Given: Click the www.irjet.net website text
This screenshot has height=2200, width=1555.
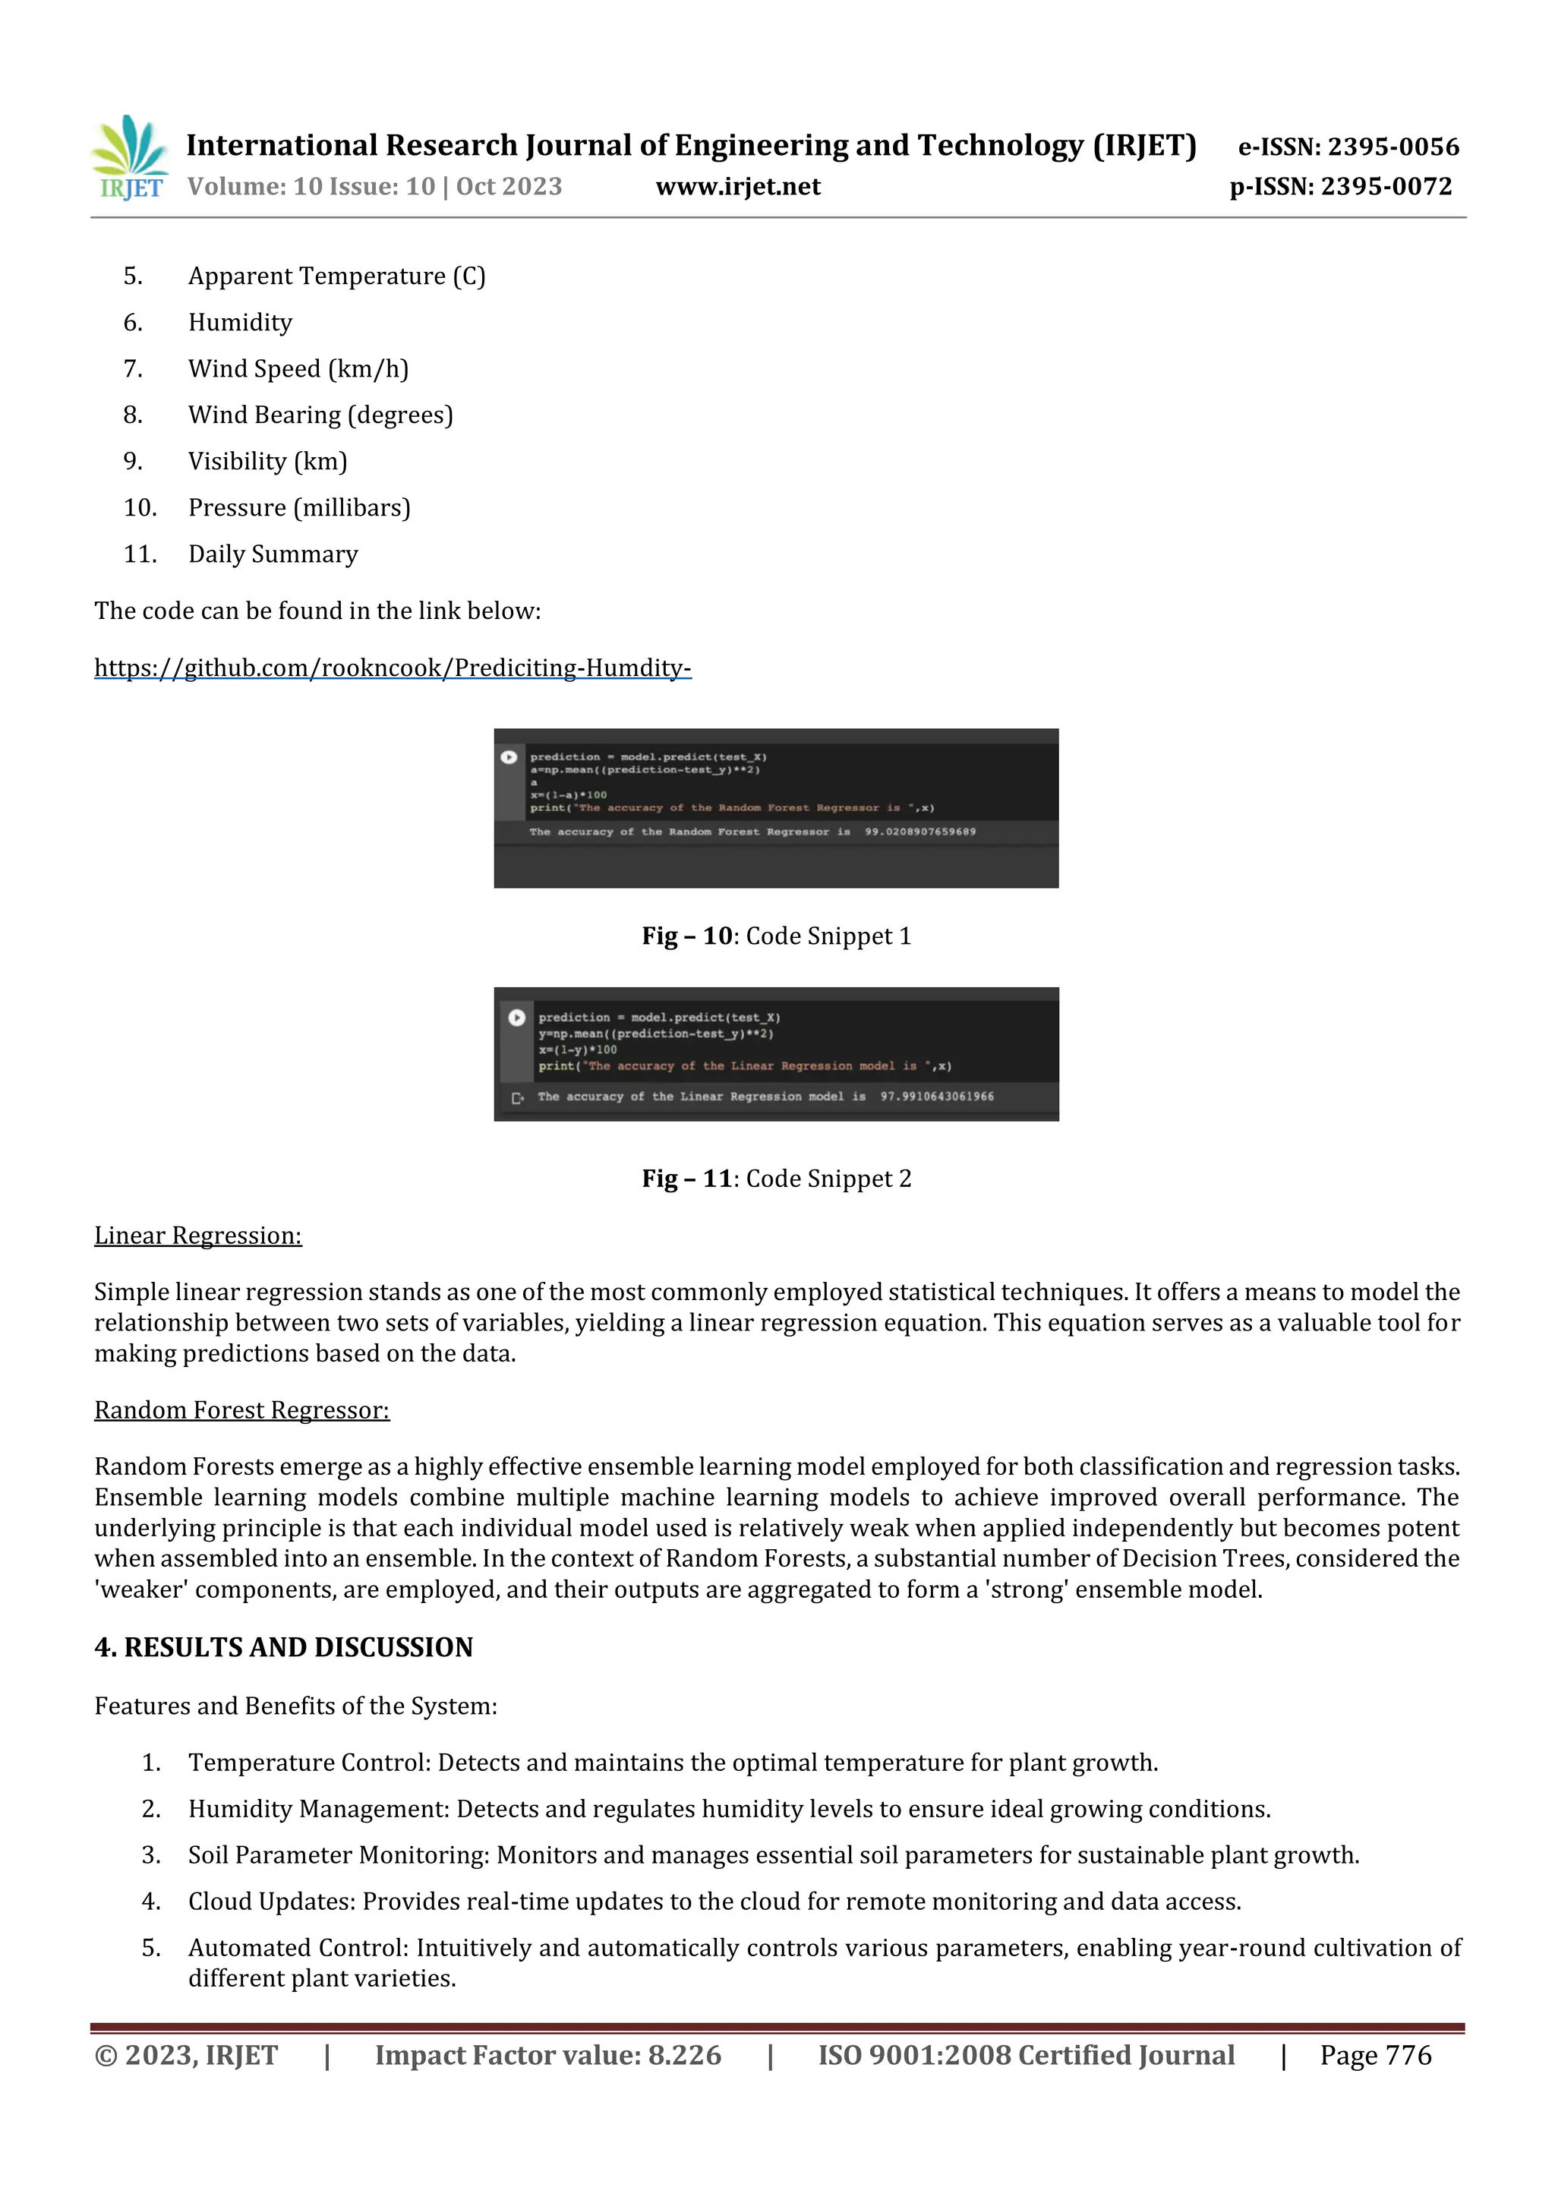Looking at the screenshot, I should coord(738,187).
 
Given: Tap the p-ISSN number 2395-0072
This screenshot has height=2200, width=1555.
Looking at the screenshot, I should coord(1386,187).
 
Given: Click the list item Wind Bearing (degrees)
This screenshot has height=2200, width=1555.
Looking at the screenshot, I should coord(320,415).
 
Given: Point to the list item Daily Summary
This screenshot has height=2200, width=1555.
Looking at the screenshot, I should coord(273,554).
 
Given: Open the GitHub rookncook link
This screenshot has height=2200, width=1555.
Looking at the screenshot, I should coord(392,668).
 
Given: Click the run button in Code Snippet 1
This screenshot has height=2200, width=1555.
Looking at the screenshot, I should coord(509,757).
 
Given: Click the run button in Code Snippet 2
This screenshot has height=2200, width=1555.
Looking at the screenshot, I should coord(516,1018).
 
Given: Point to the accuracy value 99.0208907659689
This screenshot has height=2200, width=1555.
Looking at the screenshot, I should coord(919,832).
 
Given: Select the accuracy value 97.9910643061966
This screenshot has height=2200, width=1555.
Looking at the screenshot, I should coord(937,1096).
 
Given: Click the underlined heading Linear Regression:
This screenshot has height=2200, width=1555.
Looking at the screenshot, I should coord(197,1236).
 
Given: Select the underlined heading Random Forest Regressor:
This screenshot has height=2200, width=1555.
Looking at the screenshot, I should coord(241,1410).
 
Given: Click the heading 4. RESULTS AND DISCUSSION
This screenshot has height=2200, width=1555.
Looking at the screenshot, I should coord(284,1647).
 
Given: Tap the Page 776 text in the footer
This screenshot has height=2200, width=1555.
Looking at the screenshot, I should coord(1375,2054).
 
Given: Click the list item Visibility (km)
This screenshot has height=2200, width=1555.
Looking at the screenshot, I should coord(267,461).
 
